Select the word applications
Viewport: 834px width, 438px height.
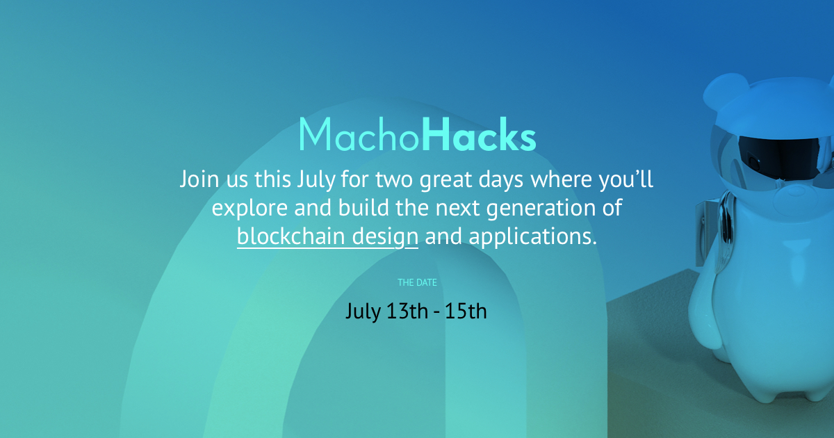[532, 237]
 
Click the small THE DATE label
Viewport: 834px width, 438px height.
[417, 283]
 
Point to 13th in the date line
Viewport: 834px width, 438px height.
[406, 311]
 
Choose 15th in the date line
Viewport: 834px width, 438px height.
[466, 311]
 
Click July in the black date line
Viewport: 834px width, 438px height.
[363, 311]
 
